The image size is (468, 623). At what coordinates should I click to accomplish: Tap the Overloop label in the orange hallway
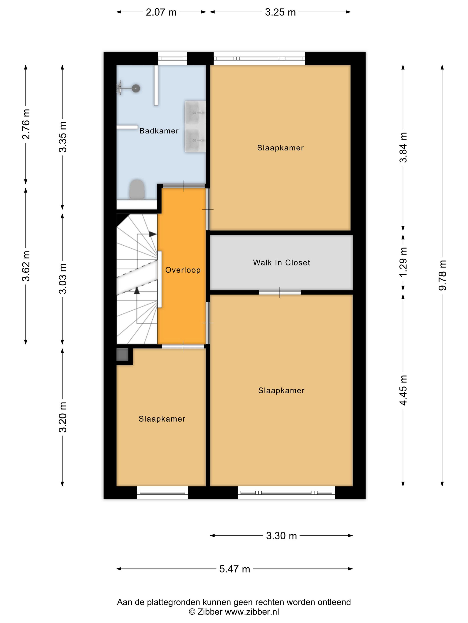click(x=183, y=270)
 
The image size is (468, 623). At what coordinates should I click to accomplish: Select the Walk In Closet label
click(x=281, y=263)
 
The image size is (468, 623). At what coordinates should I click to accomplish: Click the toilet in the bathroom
click(x=137, y=189)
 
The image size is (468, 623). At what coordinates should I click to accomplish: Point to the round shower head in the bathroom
click(x=136, y=88)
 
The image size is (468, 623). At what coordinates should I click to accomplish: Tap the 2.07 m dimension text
click(x=161, y=12)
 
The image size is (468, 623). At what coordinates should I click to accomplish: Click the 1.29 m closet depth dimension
click(x=403, y=262)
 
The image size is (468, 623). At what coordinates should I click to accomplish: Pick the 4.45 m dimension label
click(x=403, y=390)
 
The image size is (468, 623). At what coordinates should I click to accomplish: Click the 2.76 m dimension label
click(x=26, y=124)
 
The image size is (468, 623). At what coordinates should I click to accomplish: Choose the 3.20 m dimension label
click(x=63, y=417)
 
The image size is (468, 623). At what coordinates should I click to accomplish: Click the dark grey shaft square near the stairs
click(x=122, y=355)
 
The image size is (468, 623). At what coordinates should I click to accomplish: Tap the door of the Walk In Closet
click(x=279, y=292)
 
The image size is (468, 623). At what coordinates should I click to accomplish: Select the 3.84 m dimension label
click(x=403, y=147)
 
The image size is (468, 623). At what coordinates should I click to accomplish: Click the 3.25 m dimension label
click(x=280, y=12)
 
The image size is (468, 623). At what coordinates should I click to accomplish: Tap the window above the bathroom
click(x=172, y=59)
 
